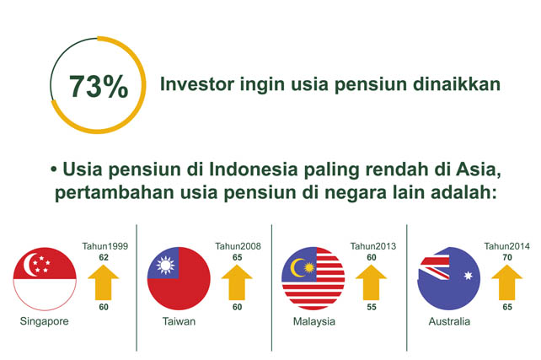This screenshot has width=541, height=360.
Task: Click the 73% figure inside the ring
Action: coord(99,86)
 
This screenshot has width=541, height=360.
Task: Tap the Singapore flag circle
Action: coord(45,279)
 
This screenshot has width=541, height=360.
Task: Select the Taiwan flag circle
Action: coord(179,278)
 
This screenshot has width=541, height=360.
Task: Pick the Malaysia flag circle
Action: coord(313,278)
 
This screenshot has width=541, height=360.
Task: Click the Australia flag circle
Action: coord(449,278)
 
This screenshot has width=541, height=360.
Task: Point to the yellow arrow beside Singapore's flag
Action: coord(104,282)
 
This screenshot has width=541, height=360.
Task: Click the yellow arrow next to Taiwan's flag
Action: coord(237,282)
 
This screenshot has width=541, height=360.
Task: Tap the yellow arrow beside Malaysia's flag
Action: coord(372,282)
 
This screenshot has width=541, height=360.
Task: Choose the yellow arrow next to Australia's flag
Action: coord(506,282)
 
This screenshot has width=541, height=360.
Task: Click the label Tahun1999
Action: coord(105,246)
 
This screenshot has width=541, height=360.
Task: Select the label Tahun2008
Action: coord(238,246)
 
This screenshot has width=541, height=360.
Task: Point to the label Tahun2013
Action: coord(373,246)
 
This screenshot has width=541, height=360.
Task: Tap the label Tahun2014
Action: coord(506,246)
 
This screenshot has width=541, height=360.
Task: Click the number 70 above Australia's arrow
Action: coord(507,257)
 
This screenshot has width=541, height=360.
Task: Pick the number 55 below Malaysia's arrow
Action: coord(372,307)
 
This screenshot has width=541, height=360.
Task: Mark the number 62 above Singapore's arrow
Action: coord(104,257)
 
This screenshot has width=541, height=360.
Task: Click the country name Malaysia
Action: coord(314,322)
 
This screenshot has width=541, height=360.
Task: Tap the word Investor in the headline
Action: coord(197,84)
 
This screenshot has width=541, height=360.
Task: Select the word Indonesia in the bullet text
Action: coord(254,169)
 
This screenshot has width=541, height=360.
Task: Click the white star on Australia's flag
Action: coord(469,276)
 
